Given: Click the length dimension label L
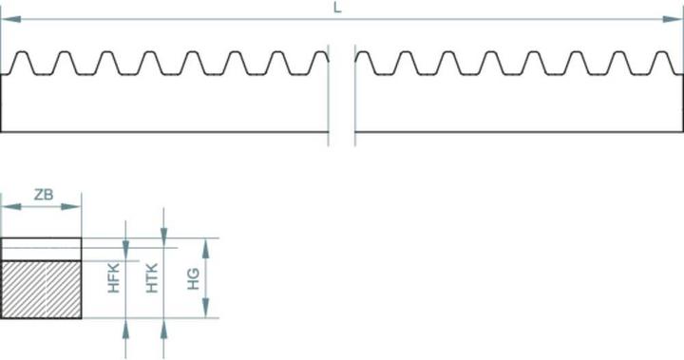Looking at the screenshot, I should point(337,8).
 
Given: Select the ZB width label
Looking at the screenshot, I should point(43,195).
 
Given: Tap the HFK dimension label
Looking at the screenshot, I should point(113,277).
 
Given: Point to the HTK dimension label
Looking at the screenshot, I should point(152,277).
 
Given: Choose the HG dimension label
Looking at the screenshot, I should point(193,277).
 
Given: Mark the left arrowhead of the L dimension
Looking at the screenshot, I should point(8,20).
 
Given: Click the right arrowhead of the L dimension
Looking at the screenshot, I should point(676,20).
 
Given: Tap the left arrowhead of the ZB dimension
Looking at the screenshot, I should point(8,207).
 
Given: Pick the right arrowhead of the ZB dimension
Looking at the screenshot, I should point(75,207).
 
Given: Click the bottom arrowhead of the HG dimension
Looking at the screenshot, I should point(206,313).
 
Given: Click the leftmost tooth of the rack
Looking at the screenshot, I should point(22,62).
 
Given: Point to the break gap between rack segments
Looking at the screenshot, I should point(342,95).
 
